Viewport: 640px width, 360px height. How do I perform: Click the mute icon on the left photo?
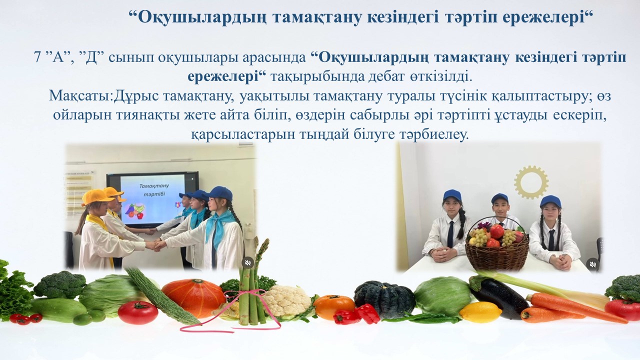pyautogui.click(x=247, y=262)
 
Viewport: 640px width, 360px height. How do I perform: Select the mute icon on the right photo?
pyautogui.click(x=592, y=264)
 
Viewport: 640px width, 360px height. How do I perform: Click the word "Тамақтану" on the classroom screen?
pyautogui.click(x=154, y=186)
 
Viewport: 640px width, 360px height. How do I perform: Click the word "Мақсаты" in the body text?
pyautogui.click(x=79, y=96)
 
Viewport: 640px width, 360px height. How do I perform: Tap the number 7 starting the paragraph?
pyautogui.click(x=37, y=58)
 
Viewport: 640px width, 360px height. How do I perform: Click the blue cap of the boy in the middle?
pyautogui.click(x=499, y=197)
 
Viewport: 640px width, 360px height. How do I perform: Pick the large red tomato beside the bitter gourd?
pyautogui.click(x=138, y=312)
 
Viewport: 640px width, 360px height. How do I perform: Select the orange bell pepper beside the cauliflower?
pyautogui.click(x=333, y=307)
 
